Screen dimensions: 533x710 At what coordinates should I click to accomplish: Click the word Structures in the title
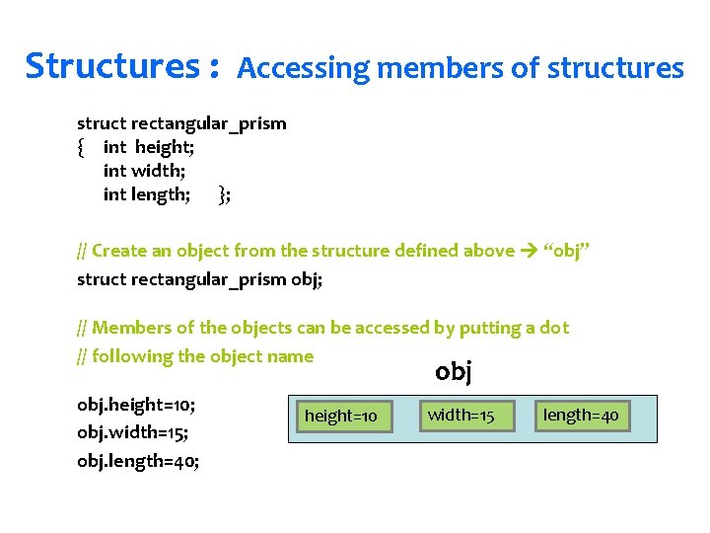pos(112,67)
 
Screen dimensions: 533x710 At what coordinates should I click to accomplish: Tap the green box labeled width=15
pos(461,415)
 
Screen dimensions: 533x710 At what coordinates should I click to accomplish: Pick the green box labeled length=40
pos(581,415)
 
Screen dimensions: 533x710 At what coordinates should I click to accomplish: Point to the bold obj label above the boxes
pos(454,372)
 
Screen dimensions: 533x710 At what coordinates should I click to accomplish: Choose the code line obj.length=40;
pos(138,461)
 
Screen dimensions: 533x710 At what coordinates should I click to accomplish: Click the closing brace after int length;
pos(224,194)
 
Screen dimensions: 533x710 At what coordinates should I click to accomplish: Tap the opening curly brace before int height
pos(81,148)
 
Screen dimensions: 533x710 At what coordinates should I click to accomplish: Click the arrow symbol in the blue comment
pos(529,251)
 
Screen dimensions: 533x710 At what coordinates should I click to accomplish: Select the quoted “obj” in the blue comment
pos(566,251)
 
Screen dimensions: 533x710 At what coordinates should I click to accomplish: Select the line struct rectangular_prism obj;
pos(199,279)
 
